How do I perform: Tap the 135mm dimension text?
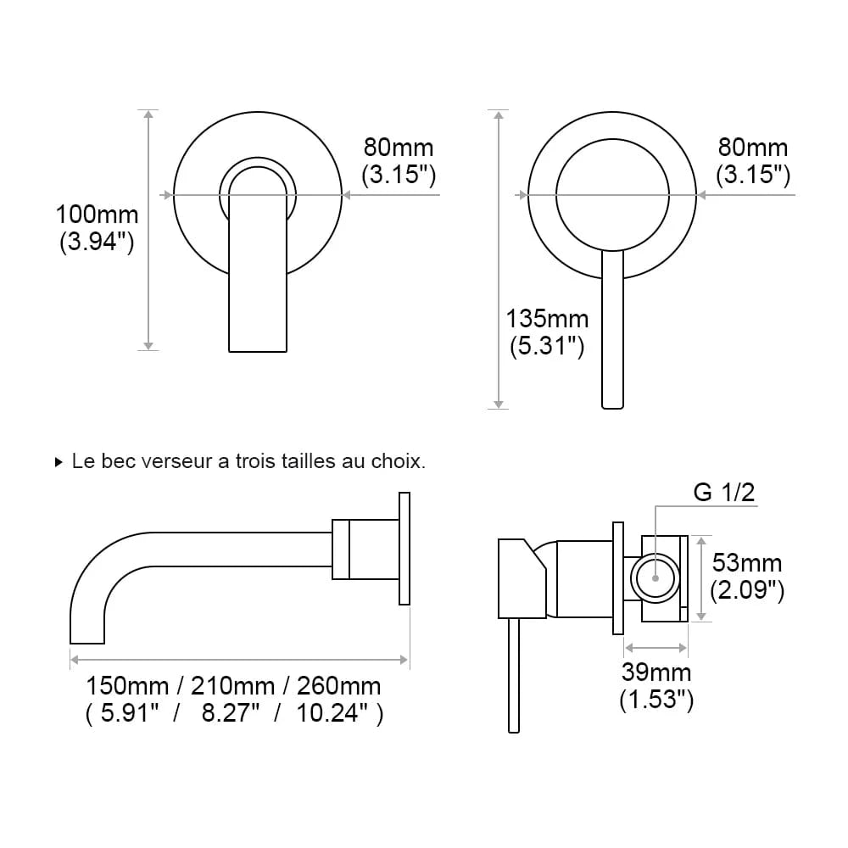tap(547, 319)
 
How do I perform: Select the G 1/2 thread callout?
tap(724, 492)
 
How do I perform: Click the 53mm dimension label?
tap(747, 562)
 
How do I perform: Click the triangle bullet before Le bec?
tap(59, 463)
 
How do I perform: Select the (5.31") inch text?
tap(547, 346)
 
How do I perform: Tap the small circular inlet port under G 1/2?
tap(656, 578)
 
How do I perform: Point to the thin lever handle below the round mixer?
tap(612, 331)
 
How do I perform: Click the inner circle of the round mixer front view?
tap(612, 195)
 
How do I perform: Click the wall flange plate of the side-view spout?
tap(404, 548)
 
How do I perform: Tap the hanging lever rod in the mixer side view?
tap(513, 674)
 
